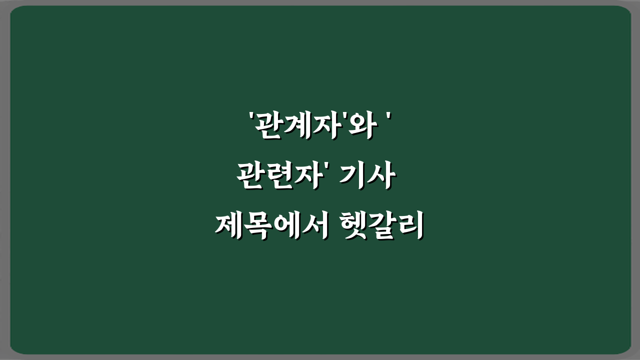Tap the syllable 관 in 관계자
[267, 128]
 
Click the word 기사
[368, 177]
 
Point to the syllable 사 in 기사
[382, 177]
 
